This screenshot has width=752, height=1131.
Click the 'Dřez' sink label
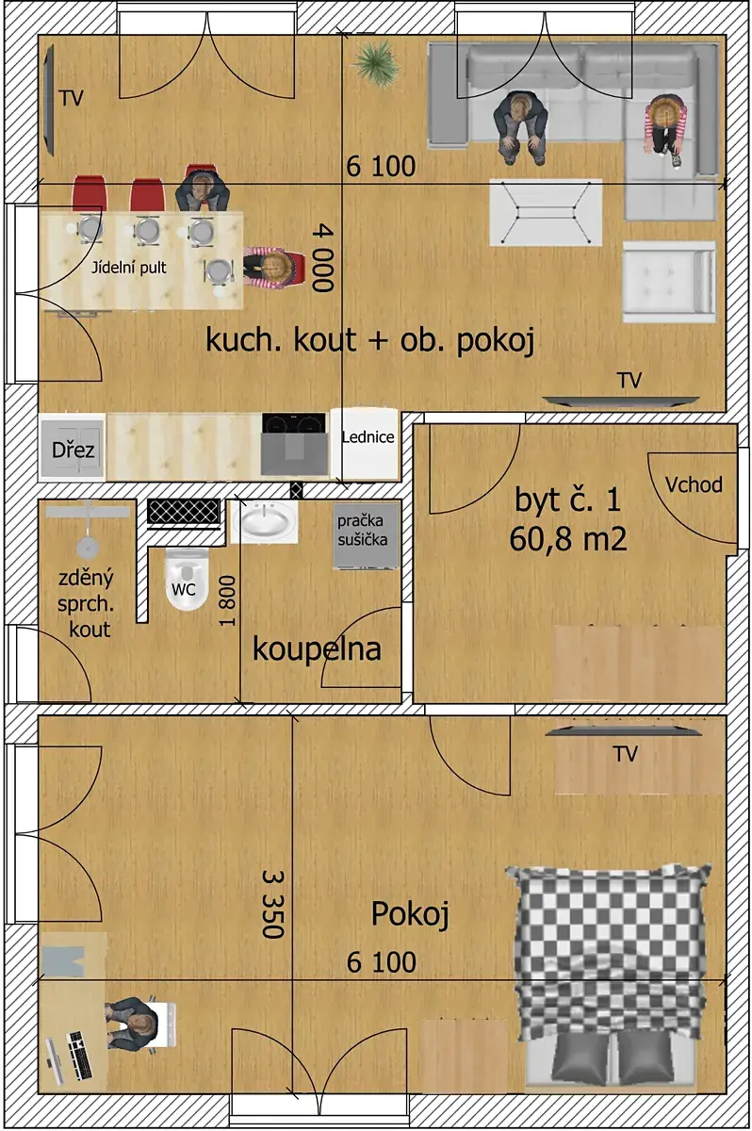[x=73, y=450]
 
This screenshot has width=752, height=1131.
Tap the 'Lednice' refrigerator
[x=365, y=443]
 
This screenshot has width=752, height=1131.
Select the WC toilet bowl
[x=187, y=579]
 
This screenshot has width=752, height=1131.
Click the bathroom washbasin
[x=264, y=522]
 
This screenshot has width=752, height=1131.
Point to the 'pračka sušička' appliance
[x=366, y=536]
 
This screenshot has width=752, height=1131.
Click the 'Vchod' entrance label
[x=694, y=484]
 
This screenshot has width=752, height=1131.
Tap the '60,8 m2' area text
[x=568, y=538]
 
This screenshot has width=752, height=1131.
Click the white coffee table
[x=546, y=213]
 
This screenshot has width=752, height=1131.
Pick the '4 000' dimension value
[x=323, y=258]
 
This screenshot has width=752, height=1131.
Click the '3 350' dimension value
[x=273, y=903]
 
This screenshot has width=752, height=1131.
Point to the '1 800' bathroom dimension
[x=227, y=600]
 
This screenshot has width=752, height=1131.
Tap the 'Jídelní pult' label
[x=129, y=268]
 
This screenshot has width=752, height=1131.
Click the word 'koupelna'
[x=317, y=648]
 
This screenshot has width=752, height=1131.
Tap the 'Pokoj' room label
[x=410, y=914]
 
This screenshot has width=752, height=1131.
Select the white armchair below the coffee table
[x=669, y=282]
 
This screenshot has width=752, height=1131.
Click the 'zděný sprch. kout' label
[x=86, y=604]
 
